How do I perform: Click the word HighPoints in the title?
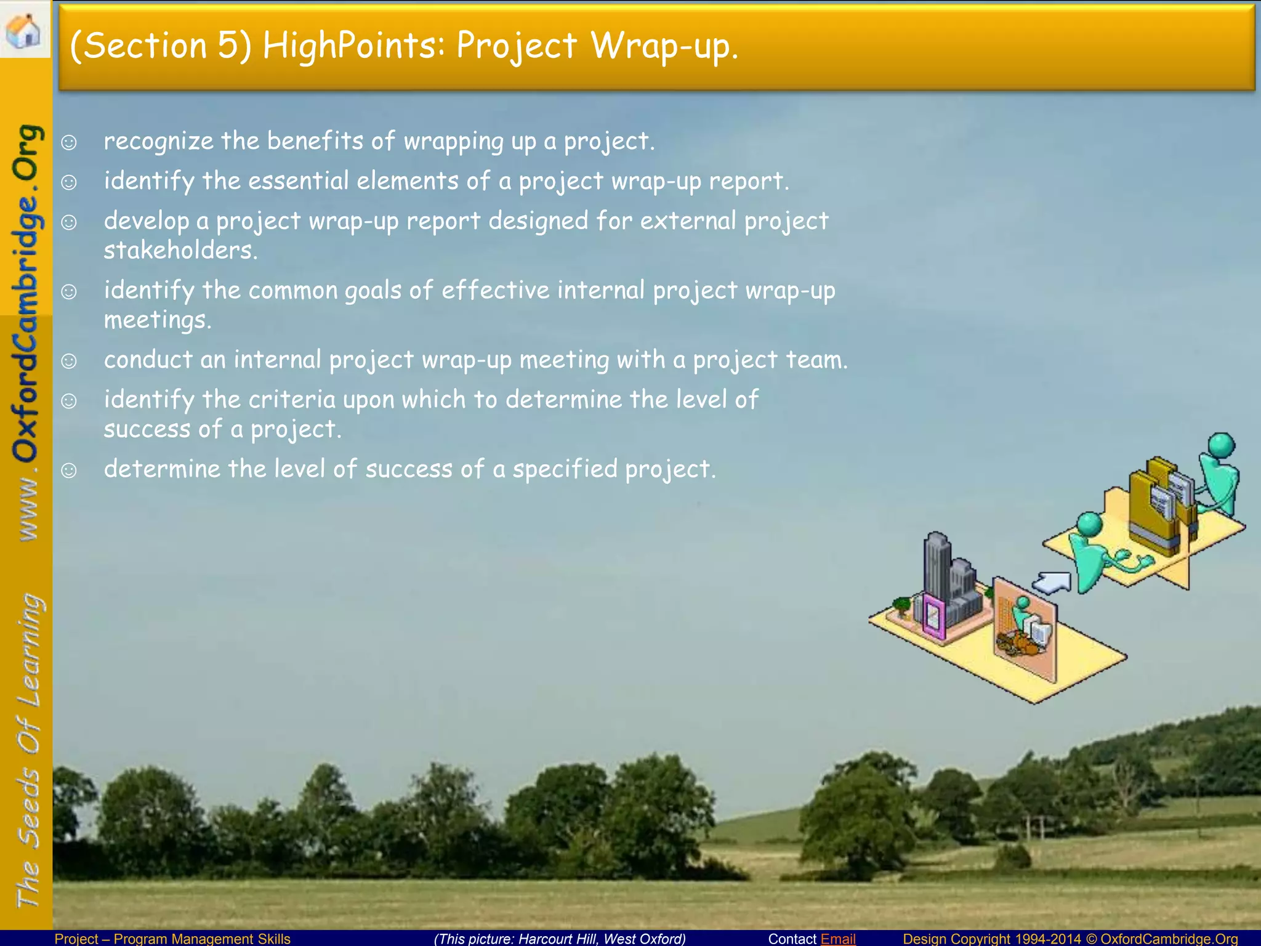coord(353,46)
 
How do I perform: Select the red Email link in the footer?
coord(838,939)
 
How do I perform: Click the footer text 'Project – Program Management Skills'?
coord(172,939)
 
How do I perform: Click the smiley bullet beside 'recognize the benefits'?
coord(69,142)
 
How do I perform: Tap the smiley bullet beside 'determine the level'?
coord(69,471)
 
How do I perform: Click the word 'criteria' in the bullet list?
coord(292,400)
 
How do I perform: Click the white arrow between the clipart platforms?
coord(1052,581)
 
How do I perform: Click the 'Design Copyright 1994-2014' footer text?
coord(991,939)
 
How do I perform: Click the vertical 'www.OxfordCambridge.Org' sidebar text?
coord(27,333)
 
